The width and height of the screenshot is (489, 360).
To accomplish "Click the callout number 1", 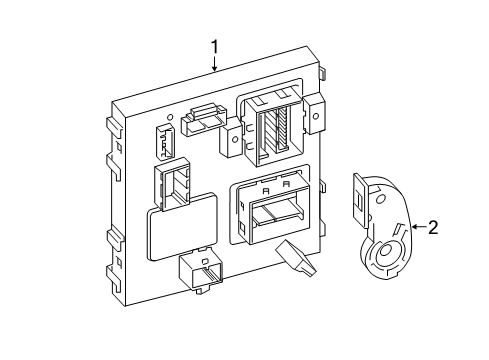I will pyautogui.click(x=214, y=47).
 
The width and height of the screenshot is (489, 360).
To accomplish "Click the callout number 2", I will pyautogui.click(x=432, y=227).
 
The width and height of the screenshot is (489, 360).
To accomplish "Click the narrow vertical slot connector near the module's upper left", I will pyautogui.click(x=165, y=142).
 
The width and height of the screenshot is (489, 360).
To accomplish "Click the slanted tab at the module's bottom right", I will pyautogui.click(x=297, y=259).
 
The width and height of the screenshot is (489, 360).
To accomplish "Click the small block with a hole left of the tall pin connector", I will pyautogui.click(x=232, y=138).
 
